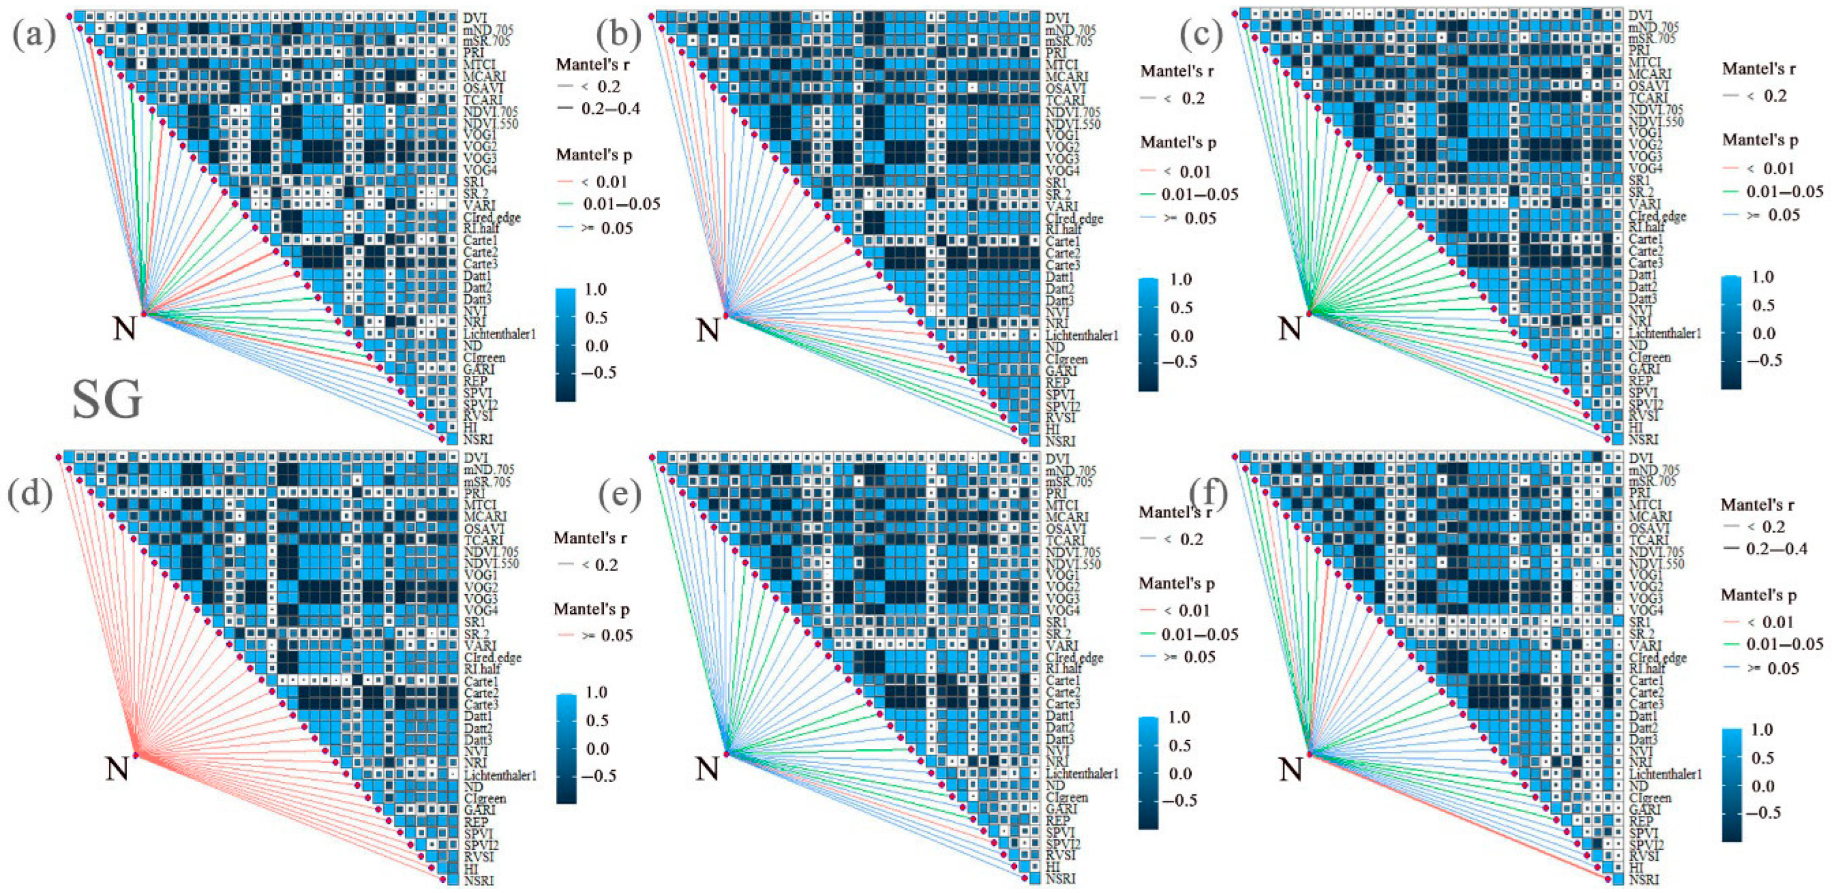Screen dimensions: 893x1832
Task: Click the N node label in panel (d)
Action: pyautogui.click(x=117, y=769)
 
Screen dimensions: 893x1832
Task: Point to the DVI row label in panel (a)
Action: pyautogui.click(x=474, y=17)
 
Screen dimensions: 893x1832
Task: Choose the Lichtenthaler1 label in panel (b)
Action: pyautogui.click(x=1081, y=335)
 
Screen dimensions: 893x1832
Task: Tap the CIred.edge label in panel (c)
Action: pyautogui.click(x=1657, y=216)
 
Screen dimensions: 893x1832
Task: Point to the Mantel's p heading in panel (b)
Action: pyautogui.click(x=1178, y=142)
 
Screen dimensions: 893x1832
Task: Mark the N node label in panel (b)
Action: pyautogui.click(x=707, y=330)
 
